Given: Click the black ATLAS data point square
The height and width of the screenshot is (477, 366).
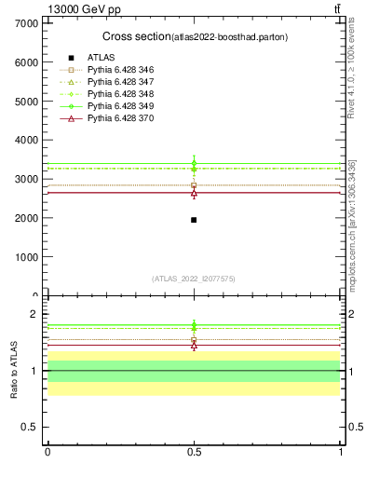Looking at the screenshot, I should click(194, 220).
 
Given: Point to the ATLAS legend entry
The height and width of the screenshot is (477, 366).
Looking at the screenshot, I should click(101, 58).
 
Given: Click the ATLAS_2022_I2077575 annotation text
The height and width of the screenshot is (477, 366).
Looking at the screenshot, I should click(194, 279).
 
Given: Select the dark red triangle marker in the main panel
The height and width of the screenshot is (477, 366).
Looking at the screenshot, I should click(194, 193).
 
